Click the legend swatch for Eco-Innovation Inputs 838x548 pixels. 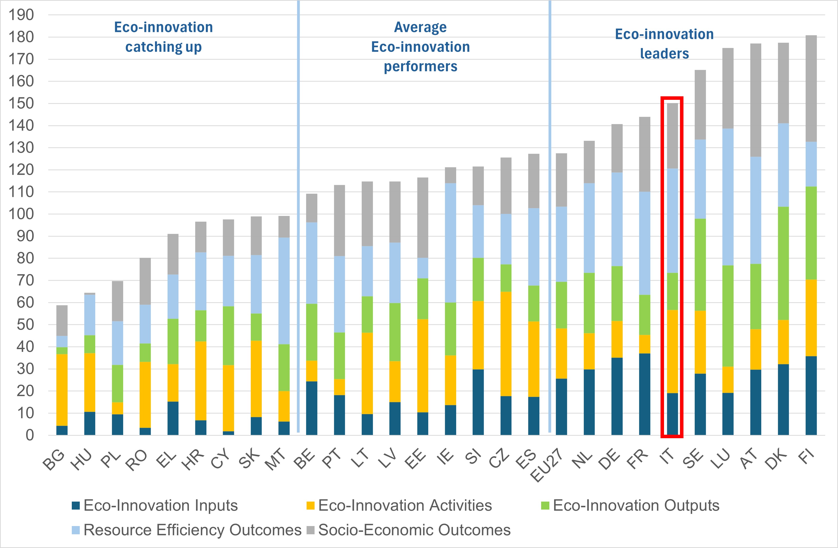point(76,505)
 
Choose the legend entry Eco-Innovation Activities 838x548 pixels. point(405,505)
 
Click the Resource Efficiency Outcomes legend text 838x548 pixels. point(192,530)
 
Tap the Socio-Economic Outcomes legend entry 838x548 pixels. point(414,530)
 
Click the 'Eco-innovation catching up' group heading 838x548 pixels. point(163,37)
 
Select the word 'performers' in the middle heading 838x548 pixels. point(420,66)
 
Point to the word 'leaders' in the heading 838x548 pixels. point(664,54)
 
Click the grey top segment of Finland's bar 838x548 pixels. point(811,88)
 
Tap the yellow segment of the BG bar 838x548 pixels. point(62,390)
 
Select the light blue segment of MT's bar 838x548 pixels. point(284,291)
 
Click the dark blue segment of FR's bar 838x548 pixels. point(644,394)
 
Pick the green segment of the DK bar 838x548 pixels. point(783,263)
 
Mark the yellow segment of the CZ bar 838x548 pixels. point(506,344)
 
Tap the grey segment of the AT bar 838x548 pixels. point(755,100)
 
